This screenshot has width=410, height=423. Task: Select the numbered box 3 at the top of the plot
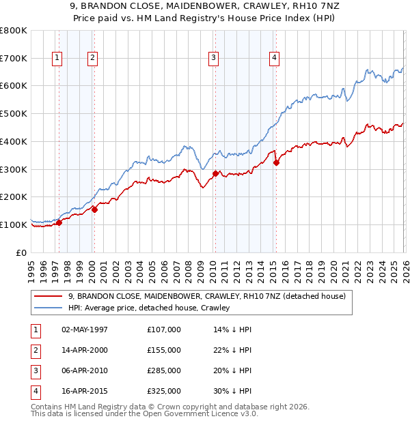coord(214,59)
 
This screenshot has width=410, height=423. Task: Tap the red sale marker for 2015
coord(276,162)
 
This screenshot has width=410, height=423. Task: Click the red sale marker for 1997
coord(59,222)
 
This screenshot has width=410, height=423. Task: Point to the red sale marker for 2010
coord(215,173)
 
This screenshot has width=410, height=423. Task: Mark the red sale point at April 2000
coord(94,209)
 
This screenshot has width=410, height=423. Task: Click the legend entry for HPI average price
coord(148,308)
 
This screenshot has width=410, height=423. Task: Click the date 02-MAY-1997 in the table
coord(85,330)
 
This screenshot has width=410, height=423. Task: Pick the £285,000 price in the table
coord(163,370)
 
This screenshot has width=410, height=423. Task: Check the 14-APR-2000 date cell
coord(85,350)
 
